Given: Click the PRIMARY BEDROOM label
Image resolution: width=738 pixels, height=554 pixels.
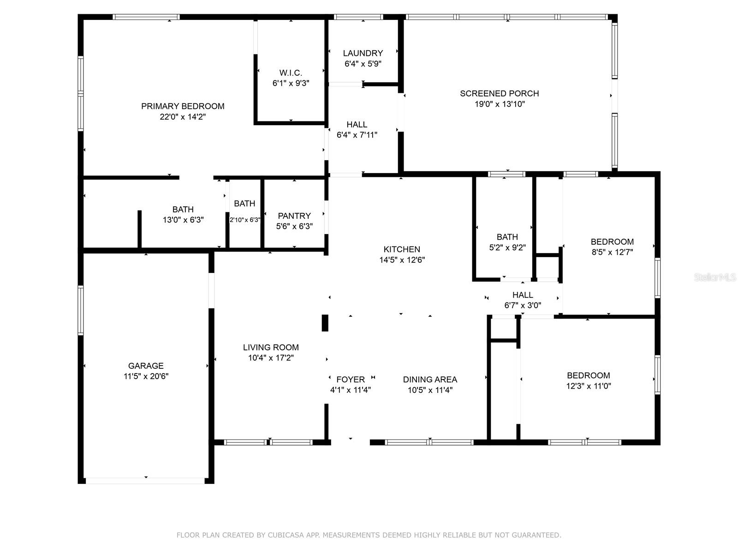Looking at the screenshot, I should (x=183, y=106).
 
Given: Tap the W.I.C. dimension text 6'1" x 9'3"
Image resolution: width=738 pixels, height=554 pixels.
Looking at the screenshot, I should (x=291, y=84).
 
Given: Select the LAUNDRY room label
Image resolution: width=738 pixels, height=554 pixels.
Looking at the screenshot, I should (x=363, y=53).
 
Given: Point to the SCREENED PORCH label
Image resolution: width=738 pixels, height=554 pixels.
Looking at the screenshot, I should (x=500, y=93).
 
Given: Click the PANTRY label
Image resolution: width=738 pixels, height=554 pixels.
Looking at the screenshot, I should (x=294, y=216).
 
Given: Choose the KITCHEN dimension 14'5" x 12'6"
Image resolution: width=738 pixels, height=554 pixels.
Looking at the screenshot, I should (x=402, y=260).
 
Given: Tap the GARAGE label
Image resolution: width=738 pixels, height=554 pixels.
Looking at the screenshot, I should (x=146, y=366).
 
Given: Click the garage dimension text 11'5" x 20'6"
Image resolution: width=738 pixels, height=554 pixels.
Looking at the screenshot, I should (x=146, y=376).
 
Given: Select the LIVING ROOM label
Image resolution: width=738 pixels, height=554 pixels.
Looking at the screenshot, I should (x=271, y=347).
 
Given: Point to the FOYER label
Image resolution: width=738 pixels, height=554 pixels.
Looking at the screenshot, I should (x=351, y=379).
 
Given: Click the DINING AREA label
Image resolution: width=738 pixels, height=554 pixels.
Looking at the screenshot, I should (x=430, y=379).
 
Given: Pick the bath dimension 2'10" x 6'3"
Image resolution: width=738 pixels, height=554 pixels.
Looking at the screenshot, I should (x=245, y=220).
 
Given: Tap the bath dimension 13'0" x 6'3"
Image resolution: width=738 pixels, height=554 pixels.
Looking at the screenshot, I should (x=183, y=220).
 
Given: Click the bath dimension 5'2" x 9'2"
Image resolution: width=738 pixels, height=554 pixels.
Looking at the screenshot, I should (x=507, y=247).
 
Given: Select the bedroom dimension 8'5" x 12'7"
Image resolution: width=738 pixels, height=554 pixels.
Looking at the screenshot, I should (x=612, y=252).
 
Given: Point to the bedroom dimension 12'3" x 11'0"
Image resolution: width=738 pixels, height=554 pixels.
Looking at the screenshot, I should (x=589, y=386).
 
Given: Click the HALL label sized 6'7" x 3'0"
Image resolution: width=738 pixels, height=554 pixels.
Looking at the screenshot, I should (x=523, y=295).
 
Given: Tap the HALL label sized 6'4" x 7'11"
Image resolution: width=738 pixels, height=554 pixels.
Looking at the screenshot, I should (x=357, y=124).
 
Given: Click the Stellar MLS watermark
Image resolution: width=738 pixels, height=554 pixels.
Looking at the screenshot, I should (x=715, y=277).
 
